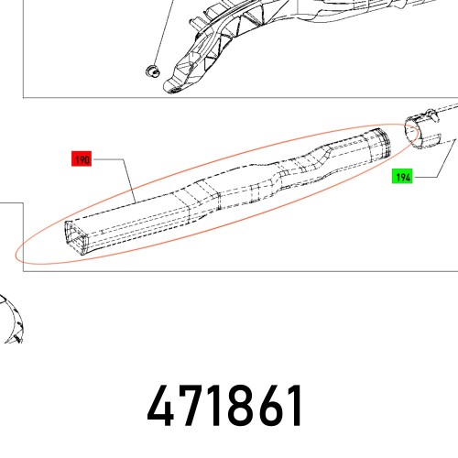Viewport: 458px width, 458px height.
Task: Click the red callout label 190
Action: pos(82,159)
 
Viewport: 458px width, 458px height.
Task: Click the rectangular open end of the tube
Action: pos(77,237)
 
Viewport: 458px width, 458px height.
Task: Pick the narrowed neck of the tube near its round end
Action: pos(302,168)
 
